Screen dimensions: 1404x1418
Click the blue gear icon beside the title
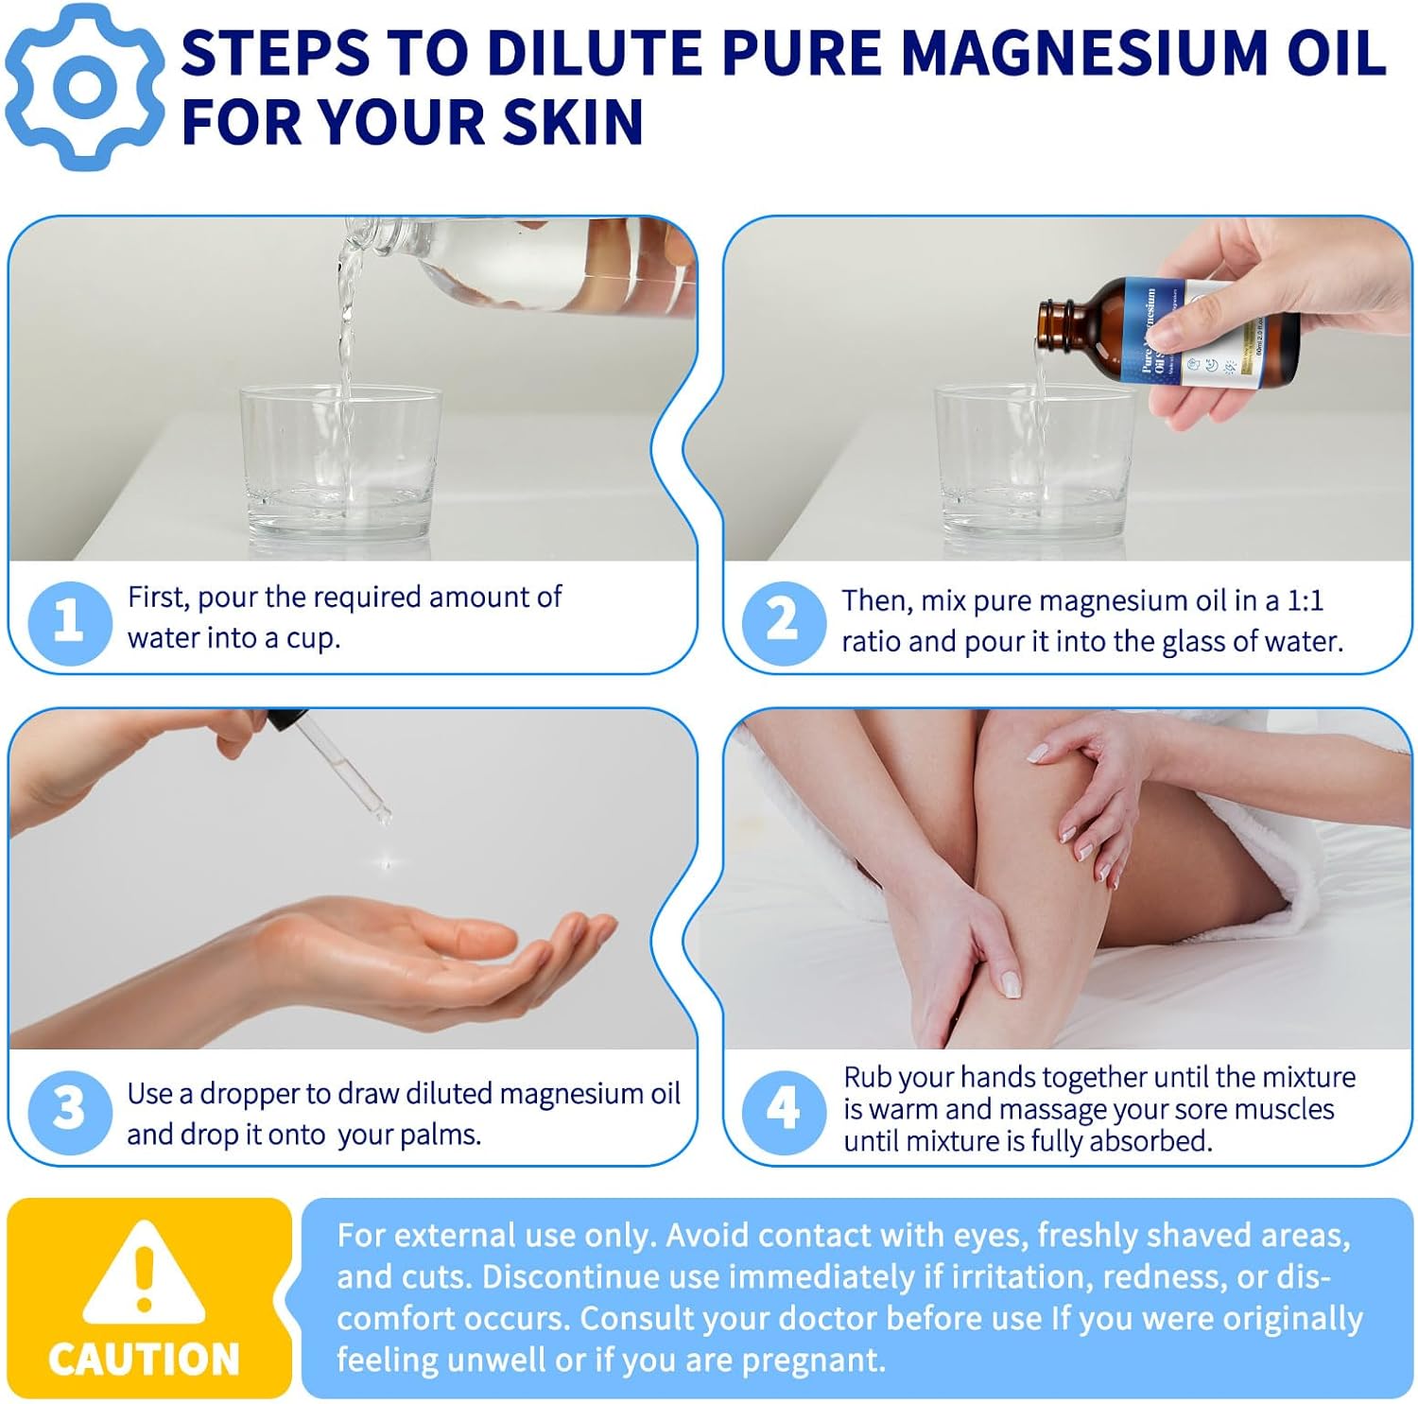85,87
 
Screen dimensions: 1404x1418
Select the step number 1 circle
69,622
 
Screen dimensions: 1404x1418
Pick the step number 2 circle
783,622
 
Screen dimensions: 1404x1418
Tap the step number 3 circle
69,1110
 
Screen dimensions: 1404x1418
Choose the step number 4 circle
783,1110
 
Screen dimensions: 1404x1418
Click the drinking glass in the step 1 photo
340,463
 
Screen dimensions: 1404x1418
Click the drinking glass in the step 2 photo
1035,463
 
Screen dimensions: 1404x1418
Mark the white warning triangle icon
144,1272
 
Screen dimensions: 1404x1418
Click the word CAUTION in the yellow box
144,1359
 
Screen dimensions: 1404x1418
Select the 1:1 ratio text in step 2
1305,600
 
